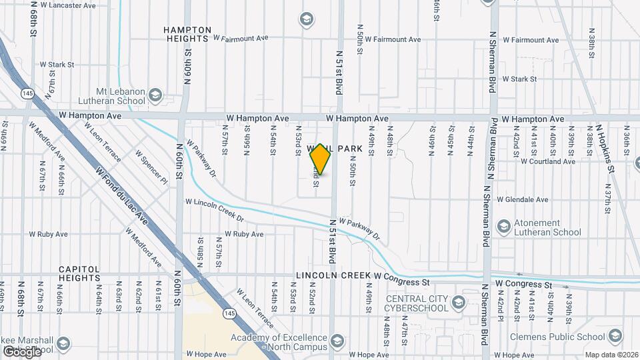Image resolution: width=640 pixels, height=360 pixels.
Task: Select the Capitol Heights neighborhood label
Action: point(88,273)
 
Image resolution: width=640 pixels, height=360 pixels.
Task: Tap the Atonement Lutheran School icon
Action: point(503,227)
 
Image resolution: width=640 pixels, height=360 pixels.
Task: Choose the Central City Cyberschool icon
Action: point(458,303)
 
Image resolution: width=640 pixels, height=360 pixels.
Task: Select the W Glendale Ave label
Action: point(523,199)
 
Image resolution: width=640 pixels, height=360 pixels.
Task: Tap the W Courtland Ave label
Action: point(547,161)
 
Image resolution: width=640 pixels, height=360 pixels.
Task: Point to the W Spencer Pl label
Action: point(151,166)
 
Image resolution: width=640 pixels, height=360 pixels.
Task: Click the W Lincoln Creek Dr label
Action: point(215,209)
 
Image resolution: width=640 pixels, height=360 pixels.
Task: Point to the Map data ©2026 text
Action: point(611,355)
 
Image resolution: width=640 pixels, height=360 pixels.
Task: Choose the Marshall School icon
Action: point(63,344)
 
